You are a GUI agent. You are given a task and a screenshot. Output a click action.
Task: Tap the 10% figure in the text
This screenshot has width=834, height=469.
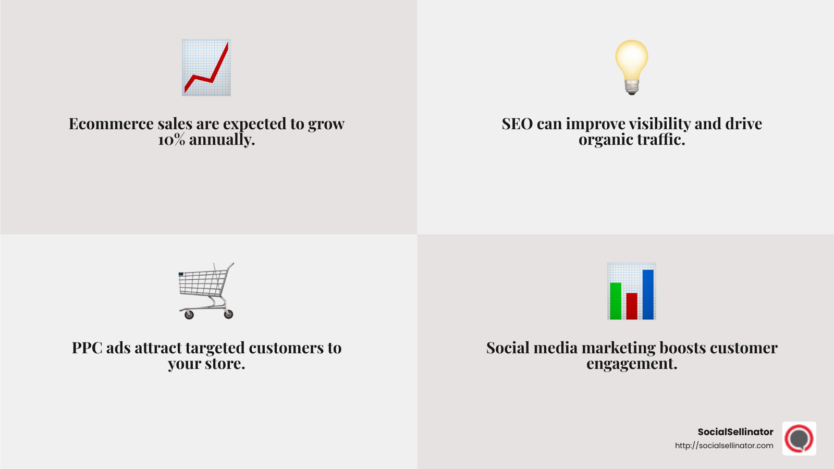pyautogui.click(x=171, y=140)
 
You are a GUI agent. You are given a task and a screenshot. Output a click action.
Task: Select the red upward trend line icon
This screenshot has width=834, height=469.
pyautogui.click(x=206, y=68)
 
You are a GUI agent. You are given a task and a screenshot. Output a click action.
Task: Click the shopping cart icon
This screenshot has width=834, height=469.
pyautogui.click(x=206, y=290)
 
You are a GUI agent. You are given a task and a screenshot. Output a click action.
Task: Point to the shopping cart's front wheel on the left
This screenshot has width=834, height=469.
pyautogui.click(x=189, y=315)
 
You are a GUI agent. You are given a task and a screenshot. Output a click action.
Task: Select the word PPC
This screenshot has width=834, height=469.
pyautogui.click(x=87, y=348)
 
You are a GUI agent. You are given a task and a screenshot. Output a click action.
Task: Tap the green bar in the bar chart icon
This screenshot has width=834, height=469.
pyautogui.click(x=616, y=301)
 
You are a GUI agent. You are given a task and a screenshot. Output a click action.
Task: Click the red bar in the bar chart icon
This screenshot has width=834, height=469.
pyautogui.click(x=632, y=306)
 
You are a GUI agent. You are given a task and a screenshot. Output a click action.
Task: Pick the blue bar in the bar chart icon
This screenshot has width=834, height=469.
pyautogui.click(x=648, y=294)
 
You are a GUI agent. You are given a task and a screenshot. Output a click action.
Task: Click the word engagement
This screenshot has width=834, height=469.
pyautogui.click(x=632, y=364)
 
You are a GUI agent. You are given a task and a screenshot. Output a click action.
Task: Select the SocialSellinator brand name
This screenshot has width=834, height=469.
pyautogui.click(x=735, y=432)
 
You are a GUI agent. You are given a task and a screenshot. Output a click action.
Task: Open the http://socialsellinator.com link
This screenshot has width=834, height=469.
pyautogui.click(x=724, y=446)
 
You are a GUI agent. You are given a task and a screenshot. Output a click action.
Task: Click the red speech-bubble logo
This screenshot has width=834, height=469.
pyautogui.click(x=799, y=439)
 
